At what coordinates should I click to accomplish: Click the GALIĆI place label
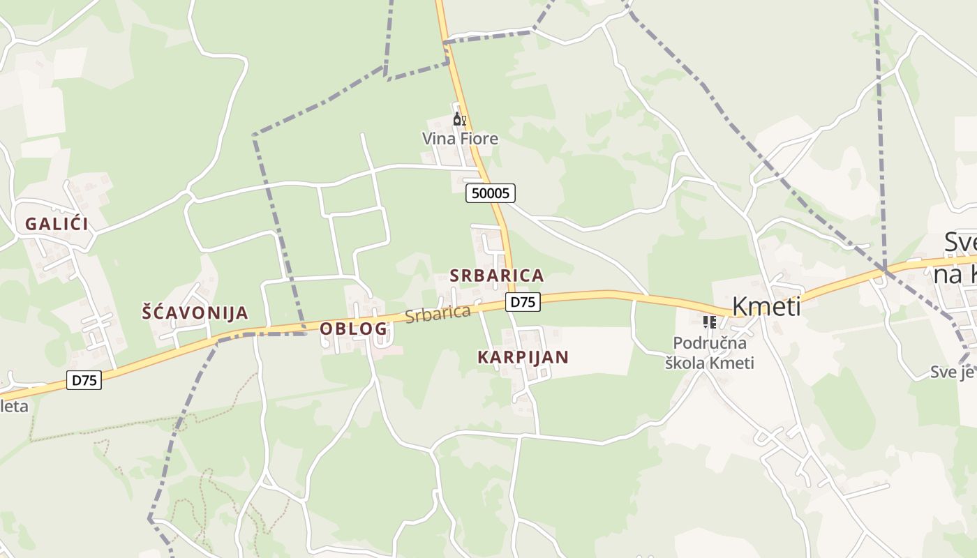pos(57,224)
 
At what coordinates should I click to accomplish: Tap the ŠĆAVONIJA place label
pos(195,312)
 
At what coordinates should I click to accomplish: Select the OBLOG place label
pos(353,329)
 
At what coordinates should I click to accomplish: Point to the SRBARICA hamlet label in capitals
pos(496,276)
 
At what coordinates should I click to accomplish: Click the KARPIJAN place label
pos(523,357)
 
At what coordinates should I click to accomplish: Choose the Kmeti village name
pos(766,307)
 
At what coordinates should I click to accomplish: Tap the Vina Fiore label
pos(460,139)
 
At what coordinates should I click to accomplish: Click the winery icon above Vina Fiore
pos(459,119)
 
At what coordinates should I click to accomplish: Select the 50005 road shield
pos(490,193)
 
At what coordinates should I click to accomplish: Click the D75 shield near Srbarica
pos(523,302)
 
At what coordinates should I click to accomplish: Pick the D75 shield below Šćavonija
pos(84,380)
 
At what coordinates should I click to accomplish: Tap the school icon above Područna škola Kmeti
pos(710,322)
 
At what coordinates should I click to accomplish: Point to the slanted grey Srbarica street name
pos(438,315)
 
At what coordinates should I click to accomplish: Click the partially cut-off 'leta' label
pos(14,406)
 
